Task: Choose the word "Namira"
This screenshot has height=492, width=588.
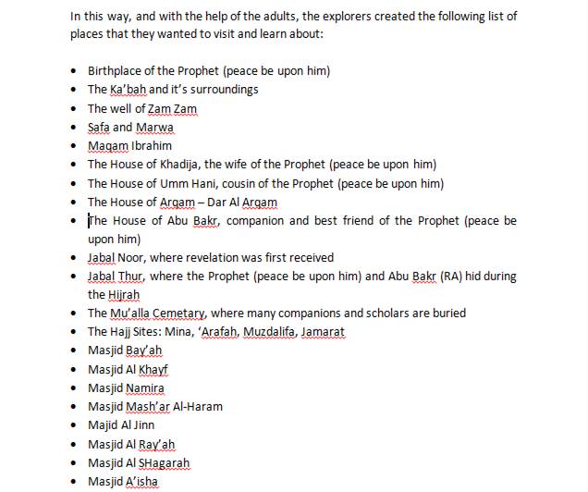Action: [145, 388]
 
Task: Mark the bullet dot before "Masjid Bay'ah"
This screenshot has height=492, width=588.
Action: [75, 351]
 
